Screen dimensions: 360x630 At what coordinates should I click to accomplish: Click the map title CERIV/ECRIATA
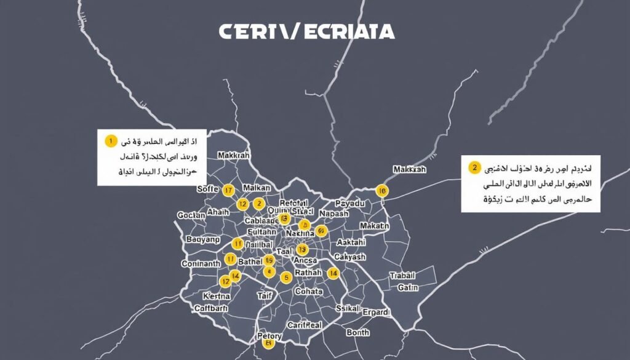pos(306,32)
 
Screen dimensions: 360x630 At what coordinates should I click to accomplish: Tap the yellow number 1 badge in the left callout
pos(110,141)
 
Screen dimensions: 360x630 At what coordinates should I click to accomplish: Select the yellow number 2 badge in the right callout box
pos(474,167)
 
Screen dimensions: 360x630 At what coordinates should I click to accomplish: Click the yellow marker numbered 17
pos(228,190)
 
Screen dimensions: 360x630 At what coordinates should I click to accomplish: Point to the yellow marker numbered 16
pos(381,191)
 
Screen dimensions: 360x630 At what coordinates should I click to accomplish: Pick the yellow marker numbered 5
pos(285,278)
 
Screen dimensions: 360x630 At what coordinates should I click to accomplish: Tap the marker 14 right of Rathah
pos(333,273)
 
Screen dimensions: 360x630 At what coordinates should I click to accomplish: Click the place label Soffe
pos(208,188)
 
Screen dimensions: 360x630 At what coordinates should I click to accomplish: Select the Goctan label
pos(191,215)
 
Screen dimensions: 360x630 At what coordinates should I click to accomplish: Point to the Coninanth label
pos(201,263)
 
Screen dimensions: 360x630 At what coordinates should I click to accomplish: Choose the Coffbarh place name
pos(211,308)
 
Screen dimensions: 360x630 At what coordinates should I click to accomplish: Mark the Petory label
pos(269,336)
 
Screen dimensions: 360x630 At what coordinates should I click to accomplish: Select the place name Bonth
pos(358,332)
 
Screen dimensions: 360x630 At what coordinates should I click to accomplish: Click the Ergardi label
pos(376,313)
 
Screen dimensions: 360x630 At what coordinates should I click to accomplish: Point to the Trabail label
pos(403,276)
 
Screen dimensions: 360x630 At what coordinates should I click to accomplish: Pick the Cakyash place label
pos(349,257)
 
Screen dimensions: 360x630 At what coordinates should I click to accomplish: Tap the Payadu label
pos(349,203)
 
